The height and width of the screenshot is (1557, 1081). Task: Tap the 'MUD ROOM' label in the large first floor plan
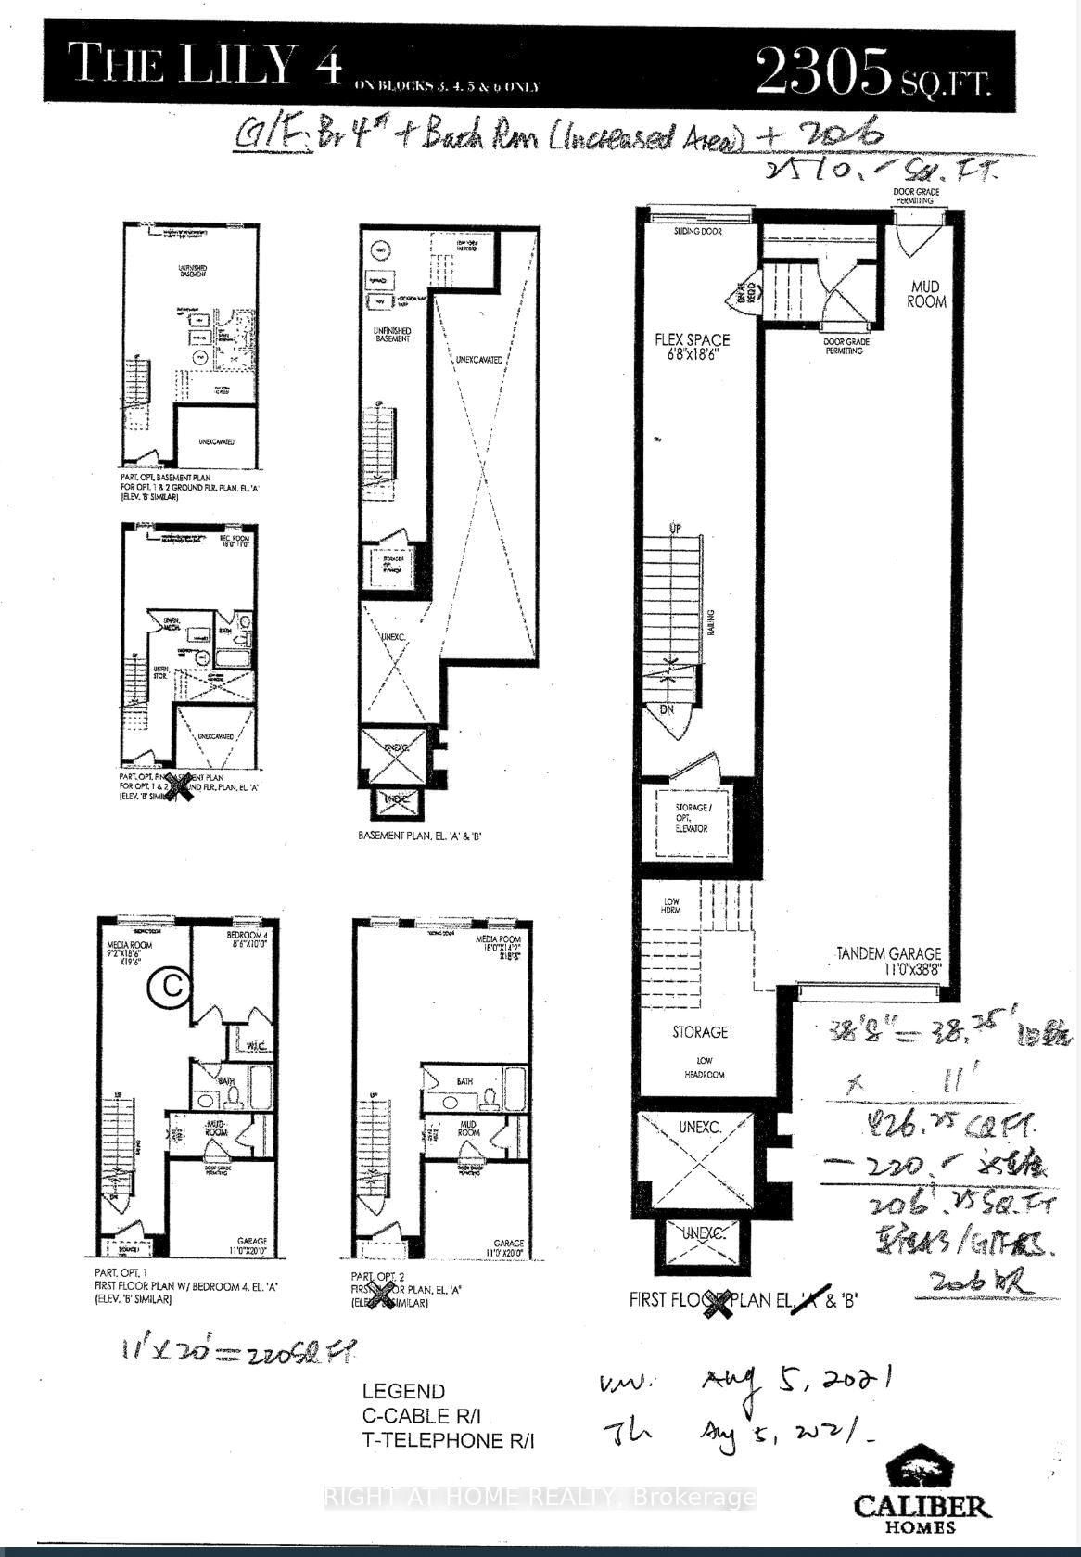tap(926, 294)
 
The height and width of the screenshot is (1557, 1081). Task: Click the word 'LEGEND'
tap(403, 1391)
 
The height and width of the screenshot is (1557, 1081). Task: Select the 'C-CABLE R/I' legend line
tap(423, 1416)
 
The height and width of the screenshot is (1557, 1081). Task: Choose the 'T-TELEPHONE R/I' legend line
tap(449, 1440)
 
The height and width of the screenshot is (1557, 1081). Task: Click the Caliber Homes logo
tap(921, 1491)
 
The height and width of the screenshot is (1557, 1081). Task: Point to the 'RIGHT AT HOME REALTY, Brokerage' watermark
tap(539, 1497)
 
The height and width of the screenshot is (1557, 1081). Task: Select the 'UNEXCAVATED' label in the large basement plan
tap(479, 360)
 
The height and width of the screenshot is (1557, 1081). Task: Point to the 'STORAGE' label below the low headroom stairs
tap(700, 1031)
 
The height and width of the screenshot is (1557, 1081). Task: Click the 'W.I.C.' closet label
tap(256, 1047)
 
